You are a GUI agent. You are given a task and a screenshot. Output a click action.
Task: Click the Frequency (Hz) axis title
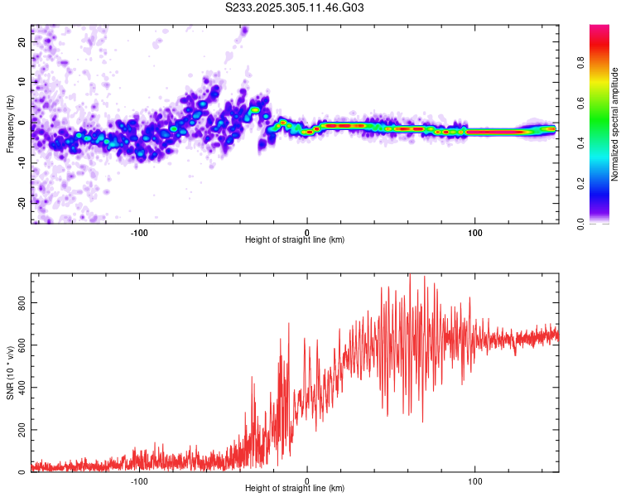(x=10, y=123)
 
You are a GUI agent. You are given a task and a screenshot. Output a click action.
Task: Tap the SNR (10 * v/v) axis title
(x=10, y=373)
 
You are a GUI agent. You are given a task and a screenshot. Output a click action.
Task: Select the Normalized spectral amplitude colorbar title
(x=615, y=125)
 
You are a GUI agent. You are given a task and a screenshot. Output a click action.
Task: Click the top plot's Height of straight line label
(x=295, y=240)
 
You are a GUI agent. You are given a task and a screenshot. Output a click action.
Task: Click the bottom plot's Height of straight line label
(x=295, y=489)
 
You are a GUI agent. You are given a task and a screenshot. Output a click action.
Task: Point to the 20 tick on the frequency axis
(x=22, y=41)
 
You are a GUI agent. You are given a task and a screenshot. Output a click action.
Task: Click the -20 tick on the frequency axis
(x=22, y=201)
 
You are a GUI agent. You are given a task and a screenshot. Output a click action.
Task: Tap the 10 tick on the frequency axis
(x=22, y=81)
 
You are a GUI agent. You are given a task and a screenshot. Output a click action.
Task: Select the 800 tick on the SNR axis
(x=22, y=303)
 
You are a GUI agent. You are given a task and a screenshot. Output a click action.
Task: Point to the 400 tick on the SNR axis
(x=22, y=388)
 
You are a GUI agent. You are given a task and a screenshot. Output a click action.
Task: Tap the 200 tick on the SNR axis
(x=22, y=430)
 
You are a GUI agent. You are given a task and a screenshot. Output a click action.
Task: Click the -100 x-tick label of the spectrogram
(x=139, y=232)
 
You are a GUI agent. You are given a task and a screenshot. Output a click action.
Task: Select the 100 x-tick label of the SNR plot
(x=475, y=480)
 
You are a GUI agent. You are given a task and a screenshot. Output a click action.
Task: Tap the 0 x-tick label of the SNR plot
(x=307, y=480)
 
